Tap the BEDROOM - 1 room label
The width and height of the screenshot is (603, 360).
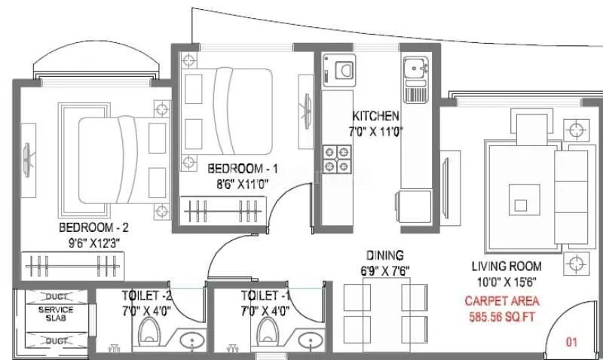tap(234, 168)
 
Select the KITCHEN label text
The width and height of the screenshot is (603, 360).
tap(375, 116)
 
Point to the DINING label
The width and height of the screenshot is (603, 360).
tap(386, 255)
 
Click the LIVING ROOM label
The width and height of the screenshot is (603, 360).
tap(507, 266)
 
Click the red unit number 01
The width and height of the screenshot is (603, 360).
tap(572, 343)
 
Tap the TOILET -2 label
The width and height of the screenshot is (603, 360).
tap(146, 295)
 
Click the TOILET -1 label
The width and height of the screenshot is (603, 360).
tap(265, 295)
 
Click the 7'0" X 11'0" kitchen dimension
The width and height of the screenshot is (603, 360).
tap(375, 131)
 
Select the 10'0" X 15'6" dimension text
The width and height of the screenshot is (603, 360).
tap(507, 281)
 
